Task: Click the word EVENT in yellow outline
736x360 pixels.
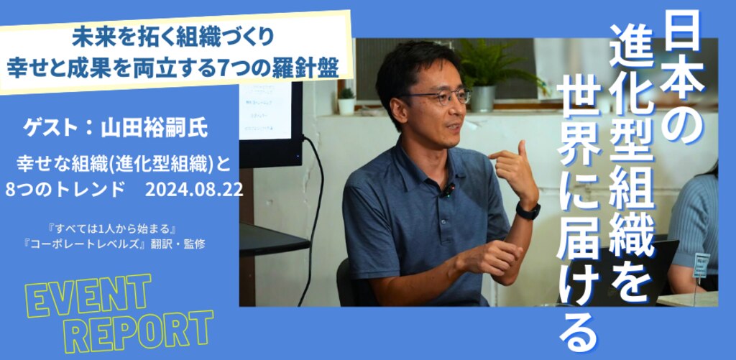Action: [x=88, y=297]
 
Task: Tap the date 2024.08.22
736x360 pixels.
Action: [x=194, y=190]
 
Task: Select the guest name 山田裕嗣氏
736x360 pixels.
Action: [x=155, y=129]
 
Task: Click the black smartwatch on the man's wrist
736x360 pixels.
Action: [x=528, y=211]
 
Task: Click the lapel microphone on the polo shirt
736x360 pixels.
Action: [x=449, y=189]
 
